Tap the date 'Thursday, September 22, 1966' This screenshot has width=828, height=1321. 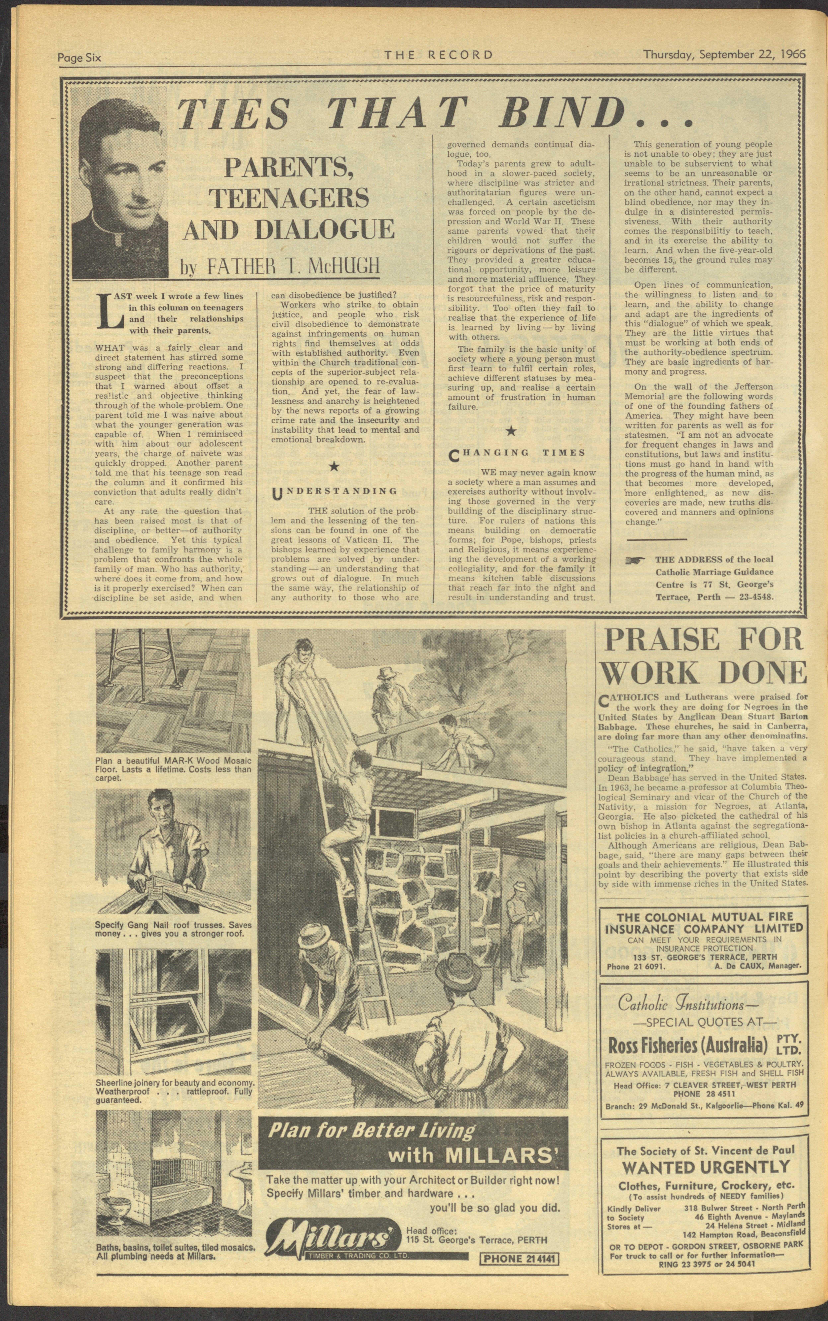pyautogui.click(x=724, y=54)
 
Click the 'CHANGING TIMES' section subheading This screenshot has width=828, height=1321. pyautogui.click(x=516, y=453)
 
